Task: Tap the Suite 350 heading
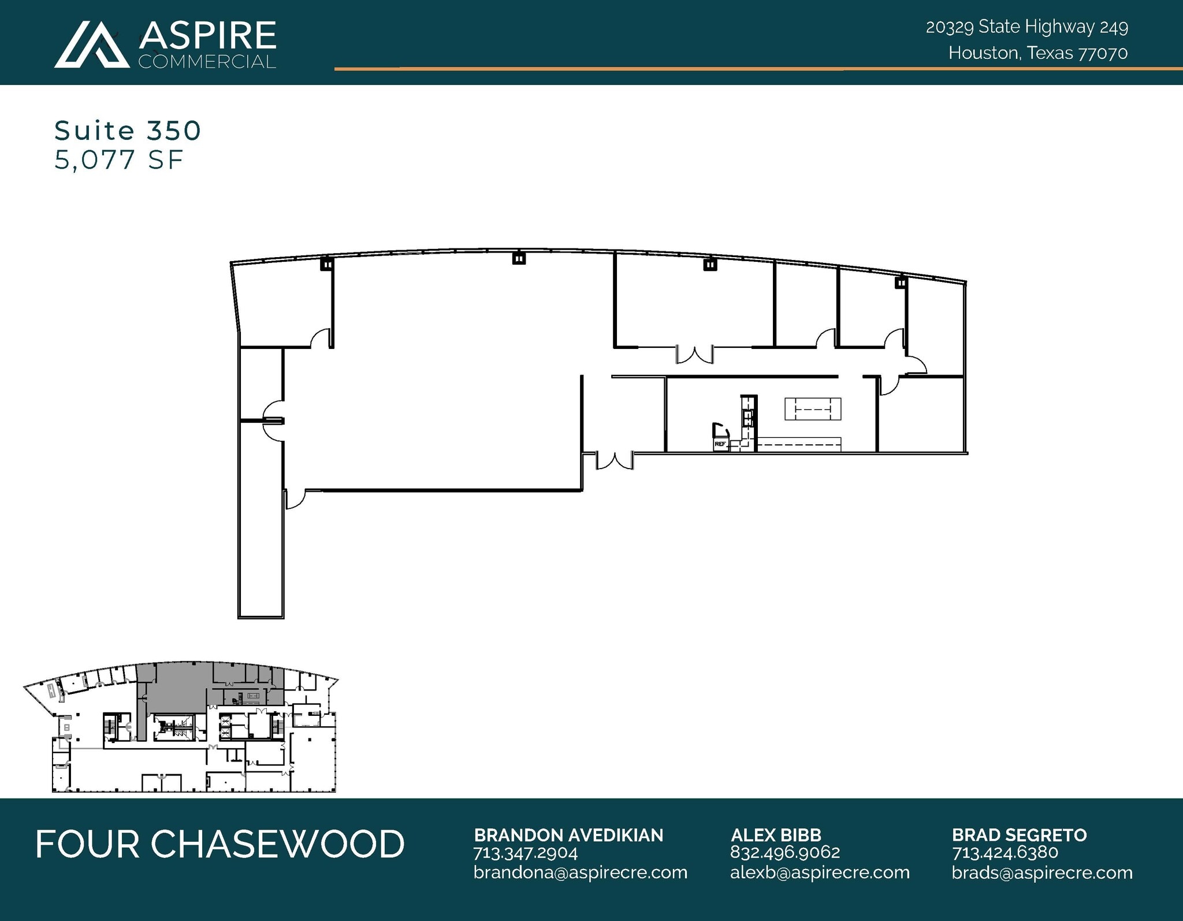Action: coord(128,131)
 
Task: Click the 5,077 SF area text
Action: coord(119,160)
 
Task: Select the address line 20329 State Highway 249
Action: coord(1026,27)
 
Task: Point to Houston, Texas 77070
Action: coord(1037,53)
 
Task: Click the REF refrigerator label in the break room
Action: coord(720,444)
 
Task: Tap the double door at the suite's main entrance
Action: coord(615,460)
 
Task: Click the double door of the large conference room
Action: coord(695,355)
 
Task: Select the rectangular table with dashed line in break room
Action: coord(812,409)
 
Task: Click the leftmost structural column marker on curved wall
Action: coord(327,265)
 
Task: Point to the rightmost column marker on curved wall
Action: coord(901,283)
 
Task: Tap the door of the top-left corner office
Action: coord(321,339)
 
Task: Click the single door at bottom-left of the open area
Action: coord(295,499)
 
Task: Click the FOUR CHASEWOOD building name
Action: coord(220,844)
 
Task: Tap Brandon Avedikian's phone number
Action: coord(525,853)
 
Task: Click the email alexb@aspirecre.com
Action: coord(819,872)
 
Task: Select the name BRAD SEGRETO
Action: coord(1019,835)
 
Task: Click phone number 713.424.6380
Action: coord(1005,853)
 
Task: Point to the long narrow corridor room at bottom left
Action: coord(261,520)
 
